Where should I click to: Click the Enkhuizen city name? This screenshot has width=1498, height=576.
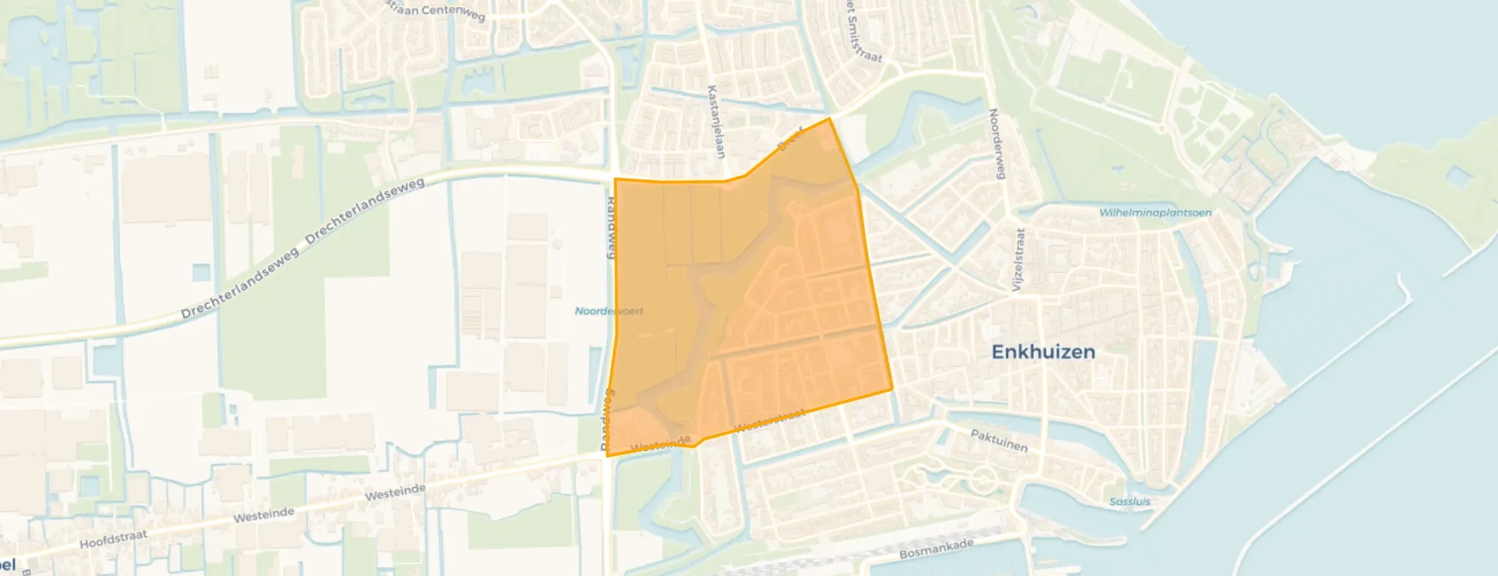coord(1043,352)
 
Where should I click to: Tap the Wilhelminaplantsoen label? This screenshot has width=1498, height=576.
coord(1155,213)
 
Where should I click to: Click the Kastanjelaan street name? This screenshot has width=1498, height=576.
coord(715,121)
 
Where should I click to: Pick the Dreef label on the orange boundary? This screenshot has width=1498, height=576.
coord(790,139)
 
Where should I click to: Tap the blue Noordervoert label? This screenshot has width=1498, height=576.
coord(609,311)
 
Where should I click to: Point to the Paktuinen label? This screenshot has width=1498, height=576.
coord(999,441)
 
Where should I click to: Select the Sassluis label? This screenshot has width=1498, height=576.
coord(1129,501)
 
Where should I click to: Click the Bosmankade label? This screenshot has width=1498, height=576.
coord(936,549)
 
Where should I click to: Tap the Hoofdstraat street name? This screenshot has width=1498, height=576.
coord(113,538)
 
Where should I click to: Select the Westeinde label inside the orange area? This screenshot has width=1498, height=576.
coord(660,443)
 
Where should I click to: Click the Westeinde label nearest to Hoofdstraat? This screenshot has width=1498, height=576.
coord(264,515)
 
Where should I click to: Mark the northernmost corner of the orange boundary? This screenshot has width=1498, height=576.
coord(829,118)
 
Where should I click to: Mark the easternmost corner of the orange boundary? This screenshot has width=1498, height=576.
coord(892,389)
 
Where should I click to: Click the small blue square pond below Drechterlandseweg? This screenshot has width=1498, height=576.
coord(201,273)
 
